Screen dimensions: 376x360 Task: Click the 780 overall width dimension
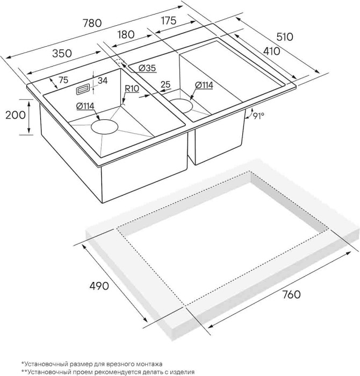click(92, 24)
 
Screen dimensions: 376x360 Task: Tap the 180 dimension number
click(125, 34)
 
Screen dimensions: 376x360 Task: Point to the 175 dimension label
click(169, 21)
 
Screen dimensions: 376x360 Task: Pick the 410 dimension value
click(272, 52)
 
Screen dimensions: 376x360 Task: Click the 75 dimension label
click(62, 80)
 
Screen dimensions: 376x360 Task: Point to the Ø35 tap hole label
click(146, 68)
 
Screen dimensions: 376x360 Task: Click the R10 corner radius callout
click(132, 89)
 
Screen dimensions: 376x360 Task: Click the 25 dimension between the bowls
click(165, 84)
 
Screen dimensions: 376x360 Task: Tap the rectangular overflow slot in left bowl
click(84, 86)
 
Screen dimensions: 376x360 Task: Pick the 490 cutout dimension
click(98, 285)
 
